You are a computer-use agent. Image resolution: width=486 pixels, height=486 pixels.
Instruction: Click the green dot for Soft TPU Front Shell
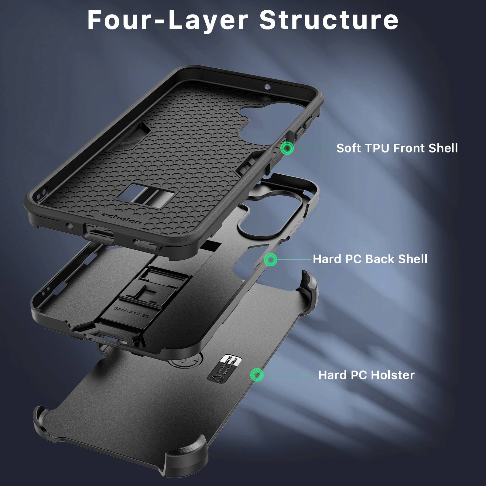point(286,148)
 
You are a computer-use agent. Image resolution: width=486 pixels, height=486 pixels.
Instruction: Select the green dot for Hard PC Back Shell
point(270,260)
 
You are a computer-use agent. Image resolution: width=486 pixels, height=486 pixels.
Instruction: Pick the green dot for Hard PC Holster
point(257,375)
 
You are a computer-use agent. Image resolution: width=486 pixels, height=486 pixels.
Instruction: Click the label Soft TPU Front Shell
point(397,148)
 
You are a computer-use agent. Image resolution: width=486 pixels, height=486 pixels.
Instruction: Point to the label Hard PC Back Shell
point(370,259)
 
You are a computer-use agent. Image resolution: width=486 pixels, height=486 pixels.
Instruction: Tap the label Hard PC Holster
point(366,375)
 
